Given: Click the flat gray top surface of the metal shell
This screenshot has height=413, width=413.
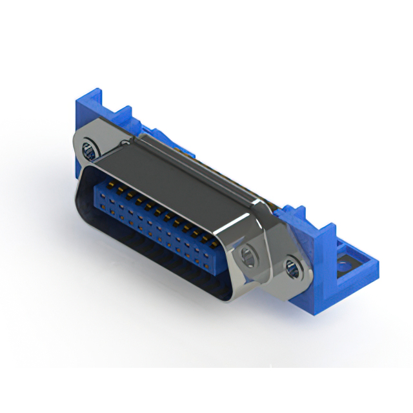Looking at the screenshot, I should coord(174,168).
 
